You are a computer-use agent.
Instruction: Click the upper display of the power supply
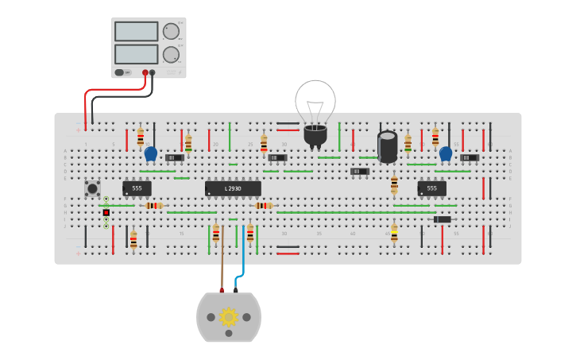click(x=136, y=31)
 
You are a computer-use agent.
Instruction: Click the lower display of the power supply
click(x=136, y=54)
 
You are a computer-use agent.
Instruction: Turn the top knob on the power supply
click(x=171, y=32)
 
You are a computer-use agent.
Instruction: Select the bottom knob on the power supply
click(x=171, y=55)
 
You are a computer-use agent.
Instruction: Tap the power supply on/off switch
click(x=120, y=72)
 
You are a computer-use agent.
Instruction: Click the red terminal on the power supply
click(x=145, y=72)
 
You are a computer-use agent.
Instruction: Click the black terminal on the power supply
click(x=153, y=72)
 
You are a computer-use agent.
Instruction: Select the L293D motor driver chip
click(x=233, y=188)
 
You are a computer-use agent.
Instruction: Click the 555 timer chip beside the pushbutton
click(x=137, y=188)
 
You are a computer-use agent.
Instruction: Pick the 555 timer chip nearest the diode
click(x=431, y=188)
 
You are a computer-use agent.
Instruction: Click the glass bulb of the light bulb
click(x=315, y=101)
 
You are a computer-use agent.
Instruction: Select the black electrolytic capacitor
click(x=387, y=146)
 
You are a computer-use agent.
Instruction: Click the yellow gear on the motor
click(x=229, y=316)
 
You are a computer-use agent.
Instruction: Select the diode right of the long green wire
click(x=443, y=219)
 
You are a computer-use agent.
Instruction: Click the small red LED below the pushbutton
click(x=106, y=212)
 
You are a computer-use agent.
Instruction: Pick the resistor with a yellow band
click(x=394, y=233)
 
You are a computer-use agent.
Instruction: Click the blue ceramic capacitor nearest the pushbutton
click(x=150, y=153)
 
